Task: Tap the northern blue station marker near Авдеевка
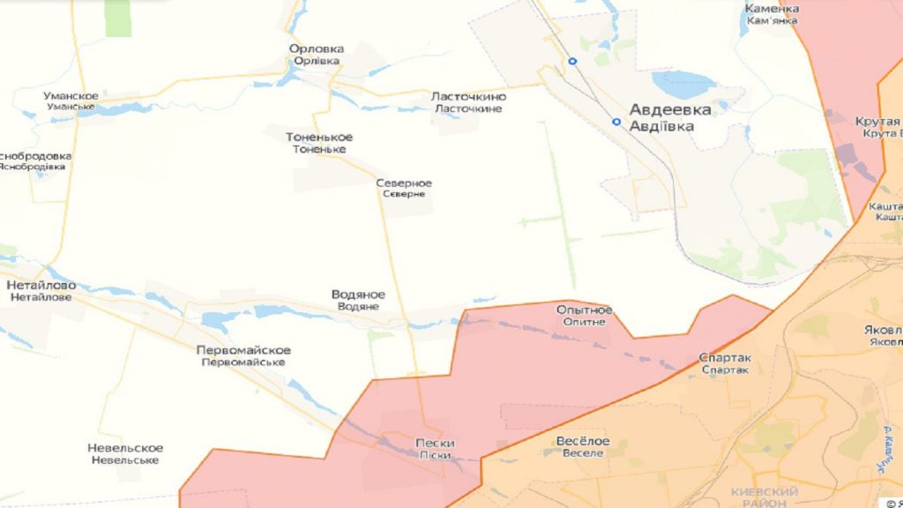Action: click(572, 61)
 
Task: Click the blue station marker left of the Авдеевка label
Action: click(616, 122)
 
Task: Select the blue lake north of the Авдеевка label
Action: click(683, 85)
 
